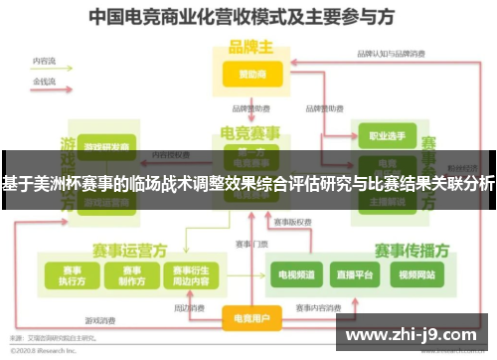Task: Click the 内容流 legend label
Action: pos(45,62)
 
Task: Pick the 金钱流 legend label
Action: pos(45,79)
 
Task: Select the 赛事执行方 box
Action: pos(72,274)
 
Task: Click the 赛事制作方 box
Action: pos(129,274)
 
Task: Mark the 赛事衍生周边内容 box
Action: pos(190,274)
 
